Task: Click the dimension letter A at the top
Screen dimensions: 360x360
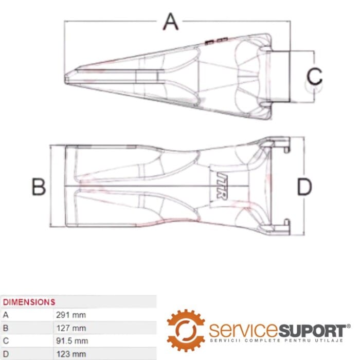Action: click(x=171, y=22)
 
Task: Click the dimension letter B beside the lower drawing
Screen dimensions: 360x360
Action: click(x=39, y=187)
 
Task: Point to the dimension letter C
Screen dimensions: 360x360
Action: click(x=314, y=76)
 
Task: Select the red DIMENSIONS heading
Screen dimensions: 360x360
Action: click(x=29, y=302)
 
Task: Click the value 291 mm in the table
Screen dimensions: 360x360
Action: click(x=70, y=315)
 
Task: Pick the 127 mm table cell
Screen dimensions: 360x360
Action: click(x=70, y=328)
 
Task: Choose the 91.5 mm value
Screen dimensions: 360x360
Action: click(x=72, y=340)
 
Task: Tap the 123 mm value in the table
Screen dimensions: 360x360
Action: click(x=70, y=353)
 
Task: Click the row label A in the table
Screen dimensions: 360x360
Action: click(x=6, y=315)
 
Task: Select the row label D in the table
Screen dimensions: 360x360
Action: click(x=6, y=353)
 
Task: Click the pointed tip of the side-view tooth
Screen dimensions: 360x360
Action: click(x=67, y=79)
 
